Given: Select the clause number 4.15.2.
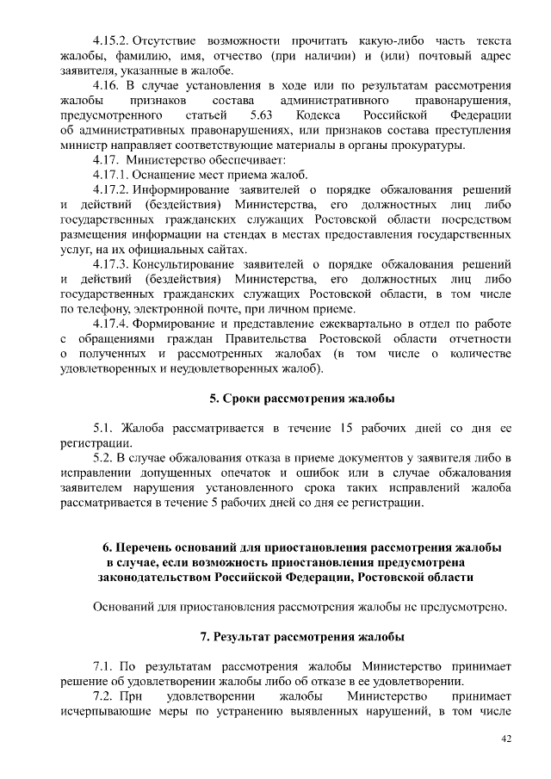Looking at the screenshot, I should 110,40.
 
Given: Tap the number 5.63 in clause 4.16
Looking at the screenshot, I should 257,114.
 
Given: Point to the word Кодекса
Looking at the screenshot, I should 320,114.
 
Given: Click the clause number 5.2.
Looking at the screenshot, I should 102,457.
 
